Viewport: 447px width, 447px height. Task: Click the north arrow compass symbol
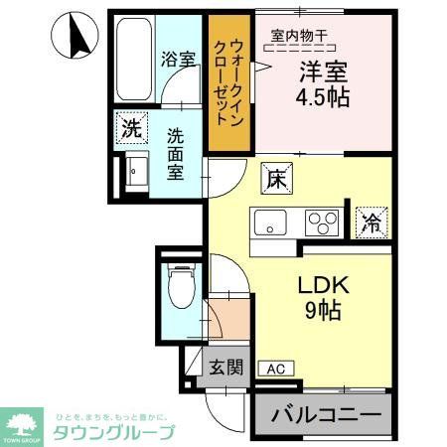(x=78, y=37)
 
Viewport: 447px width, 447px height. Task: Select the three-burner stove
(x=321, y=220)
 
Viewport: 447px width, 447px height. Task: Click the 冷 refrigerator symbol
(x=369, y=221)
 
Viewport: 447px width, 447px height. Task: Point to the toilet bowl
(x=179, y=286)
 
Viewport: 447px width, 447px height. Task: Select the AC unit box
(x=275, y=369)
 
